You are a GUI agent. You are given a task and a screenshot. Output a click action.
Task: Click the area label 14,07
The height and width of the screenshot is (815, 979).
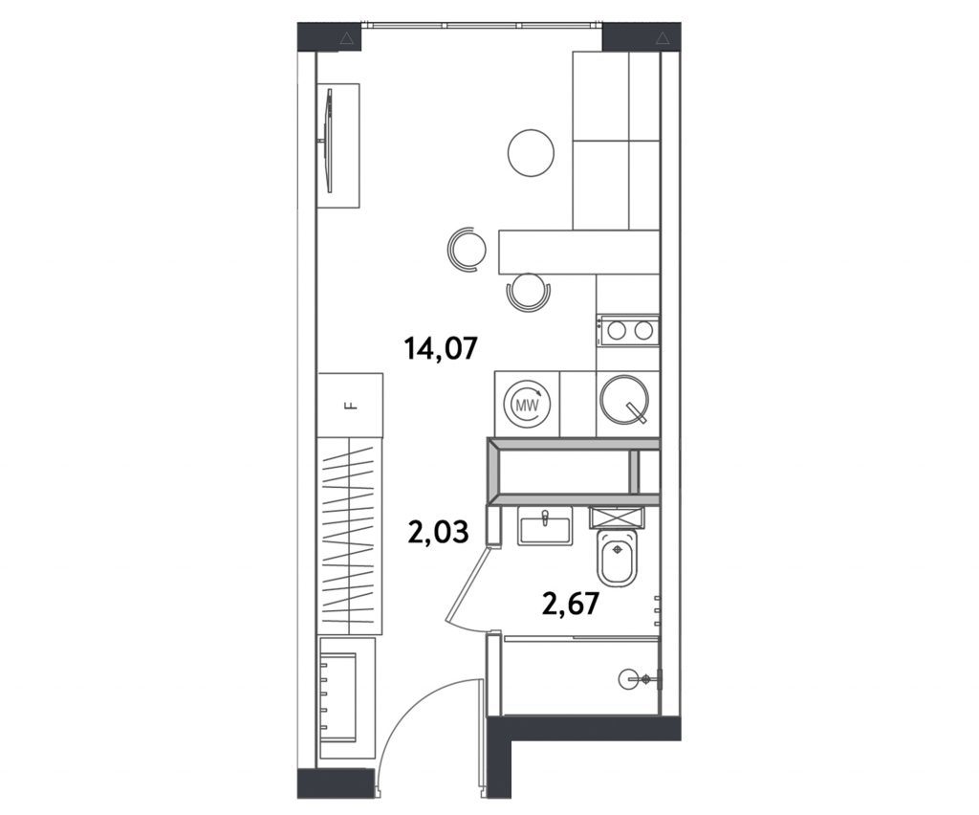point(441,348)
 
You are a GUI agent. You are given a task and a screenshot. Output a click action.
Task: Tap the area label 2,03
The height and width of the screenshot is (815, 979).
point(438,534)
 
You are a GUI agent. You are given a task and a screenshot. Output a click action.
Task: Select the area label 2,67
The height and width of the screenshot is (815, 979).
point(572,604)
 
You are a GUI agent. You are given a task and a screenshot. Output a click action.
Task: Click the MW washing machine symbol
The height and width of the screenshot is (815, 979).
point(527,404)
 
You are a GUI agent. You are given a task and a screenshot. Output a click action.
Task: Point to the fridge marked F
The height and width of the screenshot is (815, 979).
point(350,406)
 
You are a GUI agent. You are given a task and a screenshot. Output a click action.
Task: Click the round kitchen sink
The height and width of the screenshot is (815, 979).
point(626,400)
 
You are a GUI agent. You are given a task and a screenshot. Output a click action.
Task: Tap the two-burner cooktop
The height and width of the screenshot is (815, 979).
point(627,330)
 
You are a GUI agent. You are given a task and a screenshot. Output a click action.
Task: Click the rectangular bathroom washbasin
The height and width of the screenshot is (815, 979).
point(544,524)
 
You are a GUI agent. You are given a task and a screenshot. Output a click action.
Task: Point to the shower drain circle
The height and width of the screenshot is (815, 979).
point(628,677)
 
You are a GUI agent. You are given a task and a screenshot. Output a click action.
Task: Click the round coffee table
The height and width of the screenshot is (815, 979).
point(531,153)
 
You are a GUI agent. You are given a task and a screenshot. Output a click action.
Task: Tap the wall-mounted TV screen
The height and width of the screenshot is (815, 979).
point(328,141)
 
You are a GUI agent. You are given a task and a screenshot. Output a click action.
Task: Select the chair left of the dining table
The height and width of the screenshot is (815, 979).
point(467,250)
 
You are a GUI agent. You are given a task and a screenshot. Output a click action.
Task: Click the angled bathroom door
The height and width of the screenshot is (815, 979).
point(467,584)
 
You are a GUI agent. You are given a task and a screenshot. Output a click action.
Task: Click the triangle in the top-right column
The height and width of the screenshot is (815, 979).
point(662,38)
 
